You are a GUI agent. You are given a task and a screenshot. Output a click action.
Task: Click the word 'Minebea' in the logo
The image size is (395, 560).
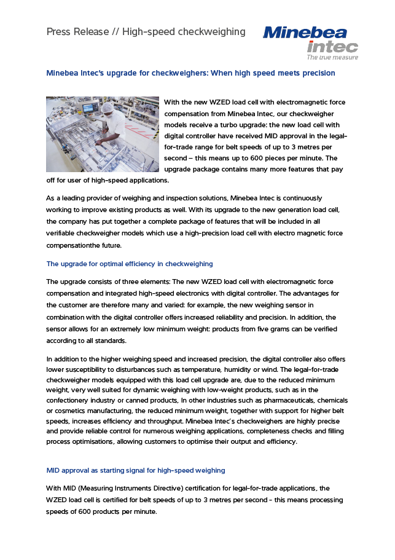305,33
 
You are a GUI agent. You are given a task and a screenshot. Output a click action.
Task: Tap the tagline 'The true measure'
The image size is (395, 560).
332,57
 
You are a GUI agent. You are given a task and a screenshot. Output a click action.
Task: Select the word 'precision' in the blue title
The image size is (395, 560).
317,73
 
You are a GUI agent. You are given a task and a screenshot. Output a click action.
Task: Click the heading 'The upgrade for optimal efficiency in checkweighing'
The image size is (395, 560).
130,264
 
